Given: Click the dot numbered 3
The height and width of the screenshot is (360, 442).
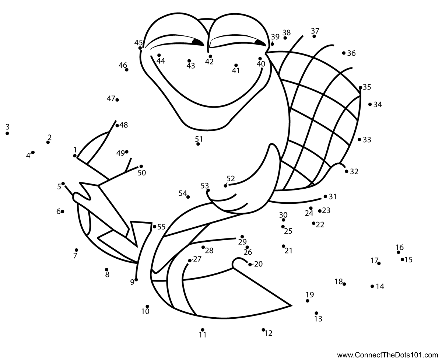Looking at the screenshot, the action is [7, 133].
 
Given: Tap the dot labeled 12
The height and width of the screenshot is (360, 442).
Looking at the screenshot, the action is [263, 330].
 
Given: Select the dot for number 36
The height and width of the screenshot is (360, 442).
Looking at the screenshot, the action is [344, 53].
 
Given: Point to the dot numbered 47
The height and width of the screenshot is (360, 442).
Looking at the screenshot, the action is [117, 100].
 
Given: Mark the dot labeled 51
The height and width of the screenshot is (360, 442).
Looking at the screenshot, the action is [198, 144].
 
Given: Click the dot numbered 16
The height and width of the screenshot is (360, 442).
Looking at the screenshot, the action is [398, 252].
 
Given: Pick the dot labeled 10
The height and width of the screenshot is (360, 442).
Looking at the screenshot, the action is [147, 306].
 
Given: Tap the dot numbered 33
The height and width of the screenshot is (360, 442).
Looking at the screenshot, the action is [359, 140].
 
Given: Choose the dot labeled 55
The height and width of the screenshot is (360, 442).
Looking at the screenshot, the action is [154, 227].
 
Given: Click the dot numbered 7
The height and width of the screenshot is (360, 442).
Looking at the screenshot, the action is [76, 250].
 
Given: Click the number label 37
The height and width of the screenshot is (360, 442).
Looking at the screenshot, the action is [315, 31].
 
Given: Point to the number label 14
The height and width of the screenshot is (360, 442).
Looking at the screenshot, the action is [380, 287].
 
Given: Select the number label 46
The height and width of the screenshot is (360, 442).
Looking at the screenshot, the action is [123, 65].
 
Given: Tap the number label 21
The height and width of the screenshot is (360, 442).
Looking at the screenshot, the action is [288, 251].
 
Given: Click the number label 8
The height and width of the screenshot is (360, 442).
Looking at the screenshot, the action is [107, 275].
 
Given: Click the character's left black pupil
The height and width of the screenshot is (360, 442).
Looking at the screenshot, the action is [197, 42].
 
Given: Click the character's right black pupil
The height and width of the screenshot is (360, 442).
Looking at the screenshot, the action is [260, 43].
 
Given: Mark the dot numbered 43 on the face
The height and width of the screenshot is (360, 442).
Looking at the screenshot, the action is [189, 61].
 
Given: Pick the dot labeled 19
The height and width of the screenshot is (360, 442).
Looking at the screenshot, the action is [308, 301].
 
